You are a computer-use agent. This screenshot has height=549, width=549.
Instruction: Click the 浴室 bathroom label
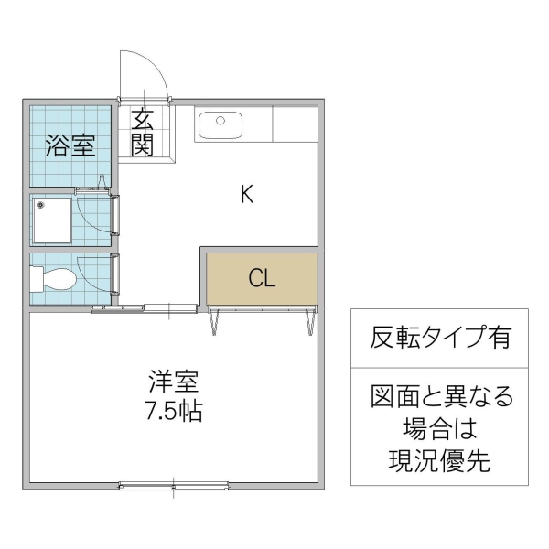[x=70, y=146]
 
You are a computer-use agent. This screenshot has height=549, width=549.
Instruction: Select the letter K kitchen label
[x=246, y=194]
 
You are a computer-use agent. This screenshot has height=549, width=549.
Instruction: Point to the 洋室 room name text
[x=174, y=381]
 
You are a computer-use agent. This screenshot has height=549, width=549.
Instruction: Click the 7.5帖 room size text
[x=174, y=410]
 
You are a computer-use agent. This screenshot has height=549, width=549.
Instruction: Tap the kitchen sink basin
[x=219, y=124]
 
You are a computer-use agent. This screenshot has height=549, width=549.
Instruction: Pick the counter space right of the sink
[x=294, y=124]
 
